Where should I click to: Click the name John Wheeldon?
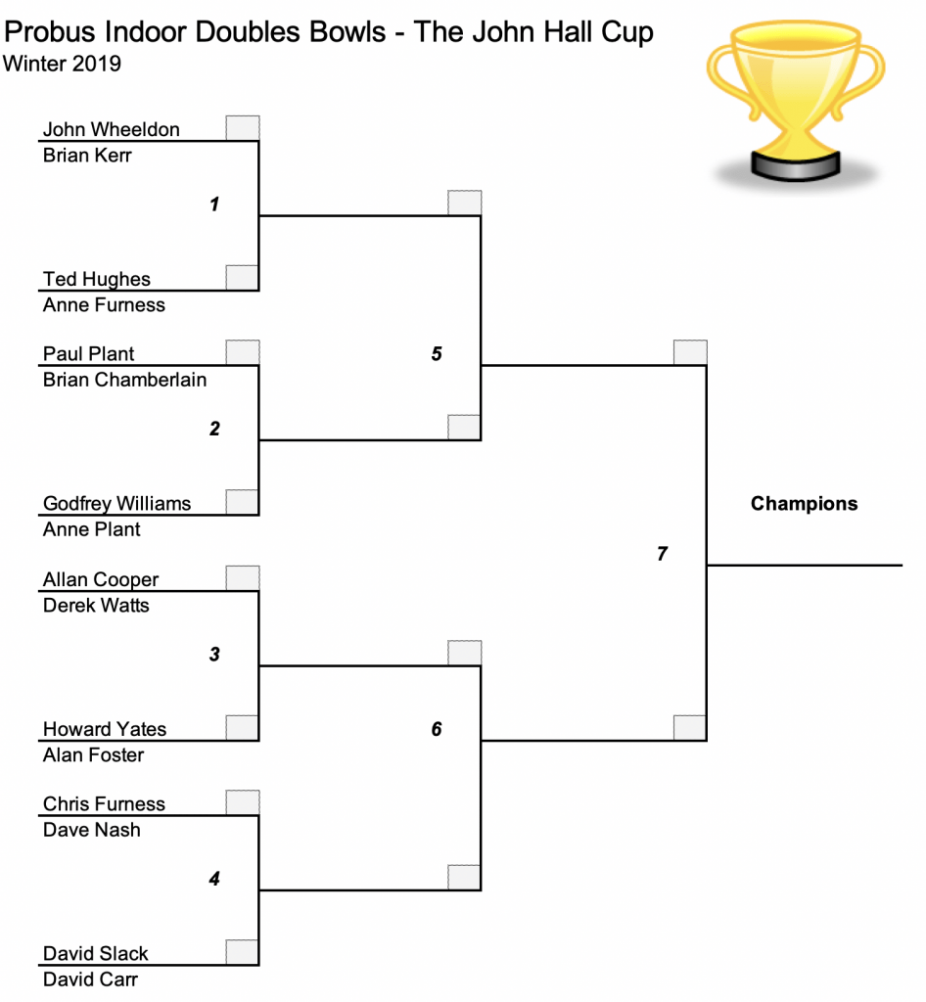point(112,129)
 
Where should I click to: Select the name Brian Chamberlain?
point(124,380)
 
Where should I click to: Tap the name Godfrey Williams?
point(116,504)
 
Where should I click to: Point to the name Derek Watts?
point(96,605)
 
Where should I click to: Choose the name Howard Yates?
point(105,729)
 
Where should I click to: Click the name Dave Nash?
point(91,830)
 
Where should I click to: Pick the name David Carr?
point(90,979)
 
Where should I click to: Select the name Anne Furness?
point(104,305)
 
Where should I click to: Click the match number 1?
point(214,205)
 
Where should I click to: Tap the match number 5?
point(437,354)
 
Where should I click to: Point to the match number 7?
point(662,554)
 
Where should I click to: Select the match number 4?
point(214,879)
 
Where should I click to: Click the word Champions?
point(804,504)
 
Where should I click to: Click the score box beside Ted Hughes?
point(242,278)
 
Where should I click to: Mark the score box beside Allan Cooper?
point(242,577)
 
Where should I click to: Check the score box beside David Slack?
point(242,952)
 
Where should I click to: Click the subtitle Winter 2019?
point(62,64)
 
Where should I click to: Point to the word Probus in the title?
point(51,32)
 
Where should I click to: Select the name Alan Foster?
point(93,754)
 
